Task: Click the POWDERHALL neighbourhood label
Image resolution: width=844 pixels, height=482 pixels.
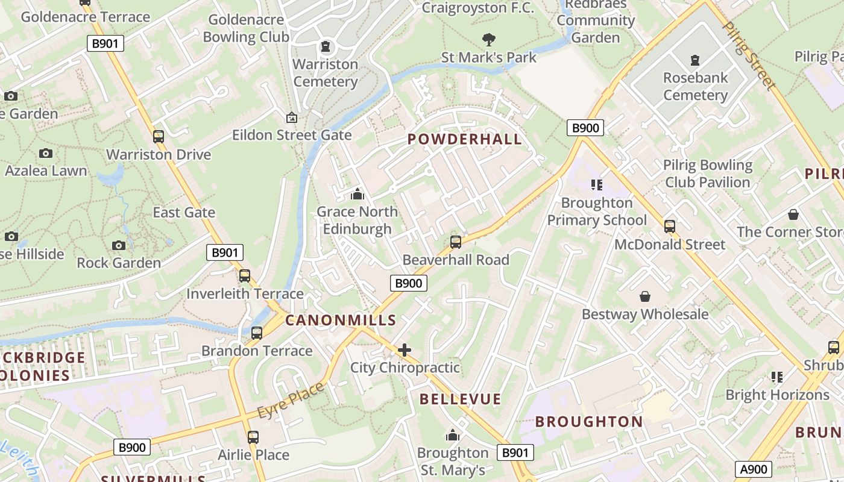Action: (x=464, y=139)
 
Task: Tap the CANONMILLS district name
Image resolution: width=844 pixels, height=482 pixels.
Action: (x=341, y=320)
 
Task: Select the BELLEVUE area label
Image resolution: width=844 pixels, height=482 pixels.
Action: (x=460, y=399)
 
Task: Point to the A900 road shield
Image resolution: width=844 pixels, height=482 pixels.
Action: (x=753, y=469)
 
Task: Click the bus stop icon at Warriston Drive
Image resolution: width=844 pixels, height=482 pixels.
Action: (x=159, y=137)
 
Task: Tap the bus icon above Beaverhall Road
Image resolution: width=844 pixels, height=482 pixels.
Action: (x=456, y=242)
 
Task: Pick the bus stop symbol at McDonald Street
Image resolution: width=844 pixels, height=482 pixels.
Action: (x=670, y=227)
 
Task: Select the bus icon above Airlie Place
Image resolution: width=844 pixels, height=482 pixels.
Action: (x=253, y=437)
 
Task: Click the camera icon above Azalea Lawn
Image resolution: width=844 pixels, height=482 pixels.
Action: (x=46, y=154)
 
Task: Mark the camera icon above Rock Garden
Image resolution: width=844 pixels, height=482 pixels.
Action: (x=119, y=245)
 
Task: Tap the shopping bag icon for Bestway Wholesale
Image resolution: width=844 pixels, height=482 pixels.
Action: (x=645, y=296)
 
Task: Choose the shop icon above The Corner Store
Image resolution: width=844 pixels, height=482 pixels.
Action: (x=793, y=214)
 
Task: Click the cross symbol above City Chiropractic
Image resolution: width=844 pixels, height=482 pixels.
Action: (x=405, y=350)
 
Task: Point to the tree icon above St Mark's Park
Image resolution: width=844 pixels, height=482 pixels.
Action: (x=489, y=40)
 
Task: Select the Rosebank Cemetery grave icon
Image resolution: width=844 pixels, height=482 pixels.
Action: (x=695, y=60)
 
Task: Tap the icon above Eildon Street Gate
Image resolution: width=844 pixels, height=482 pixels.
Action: (x=292, y=117)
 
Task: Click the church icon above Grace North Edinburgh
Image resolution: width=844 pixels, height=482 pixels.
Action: (x=357, y=195)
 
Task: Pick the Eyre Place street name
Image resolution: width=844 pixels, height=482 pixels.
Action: (x=292, y=401)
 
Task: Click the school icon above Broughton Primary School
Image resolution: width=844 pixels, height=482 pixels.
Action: (x=597, y=185)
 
